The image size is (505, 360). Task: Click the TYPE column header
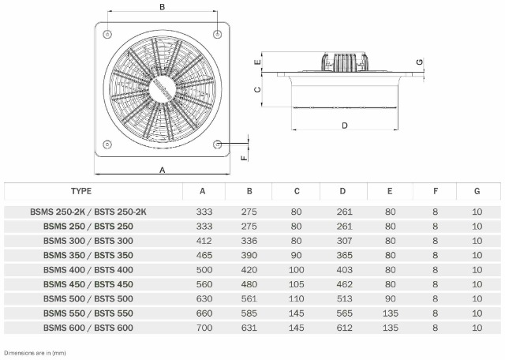point(81,191)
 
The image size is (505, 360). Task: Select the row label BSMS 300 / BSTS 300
point(88,241)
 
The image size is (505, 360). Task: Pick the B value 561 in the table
point(249,298)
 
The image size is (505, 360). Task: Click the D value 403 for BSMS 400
point(343,269)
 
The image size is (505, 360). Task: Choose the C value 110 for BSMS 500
point(297,298)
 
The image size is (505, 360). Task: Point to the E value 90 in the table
point(391,298)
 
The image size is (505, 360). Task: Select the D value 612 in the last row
point(343,328)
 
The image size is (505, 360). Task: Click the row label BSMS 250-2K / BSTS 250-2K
point(88,212)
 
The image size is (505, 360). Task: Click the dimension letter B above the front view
point(162,7)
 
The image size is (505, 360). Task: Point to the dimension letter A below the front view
point(163,170)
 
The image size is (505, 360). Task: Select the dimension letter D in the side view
point(345,126)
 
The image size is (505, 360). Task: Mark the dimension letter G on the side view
point(420,62)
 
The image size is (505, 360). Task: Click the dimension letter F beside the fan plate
point(244,156)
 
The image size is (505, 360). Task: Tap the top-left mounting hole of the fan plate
point(107,33)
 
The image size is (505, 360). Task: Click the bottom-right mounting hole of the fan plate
point(218,144)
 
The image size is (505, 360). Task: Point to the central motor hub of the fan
point(163,88)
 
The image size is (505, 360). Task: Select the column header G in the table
point(477,191)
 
